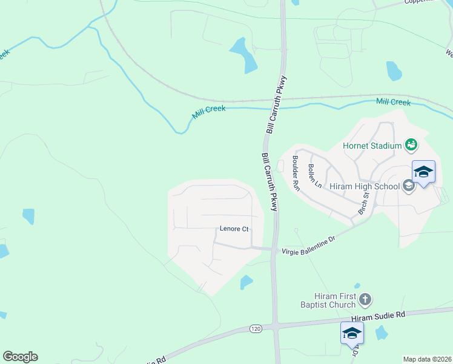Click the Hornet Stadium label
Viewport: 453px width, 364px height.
372,146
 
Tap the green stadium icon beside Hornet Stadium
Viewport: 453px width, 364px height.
411,144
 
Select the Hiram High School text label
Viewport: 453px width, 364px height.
364,186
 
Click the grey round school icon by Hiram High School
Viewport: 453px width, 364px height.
408,186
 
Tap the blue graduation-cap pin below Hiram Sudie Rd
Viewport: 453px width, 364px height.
352,332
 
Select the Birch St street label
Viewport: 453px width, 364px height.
363,203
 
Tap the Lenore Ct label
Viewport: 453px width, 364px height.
234,229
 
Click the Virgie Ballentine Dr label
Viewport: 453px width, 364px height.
309,245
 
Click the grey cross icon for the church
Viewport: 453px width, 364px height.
365,299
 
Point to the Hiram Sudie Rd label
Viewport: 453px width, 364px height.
378,317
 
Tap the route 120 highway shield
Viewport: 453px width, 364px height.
256,328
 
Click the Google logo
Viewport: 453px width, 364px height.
20,357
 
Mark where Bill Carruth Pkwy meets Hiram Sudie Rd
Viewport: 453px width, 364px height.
276,326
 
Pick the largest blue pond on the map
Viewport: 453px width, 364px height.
244,55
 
